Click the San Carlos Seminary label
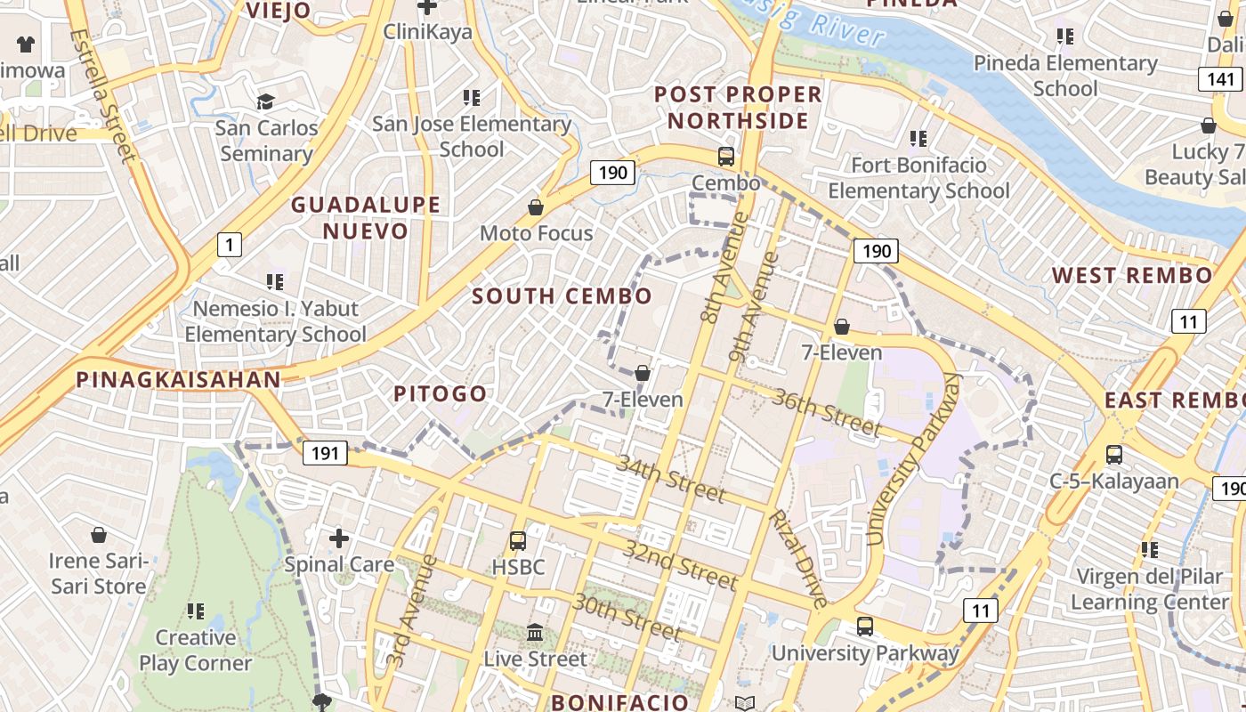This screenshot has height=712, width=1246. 266,141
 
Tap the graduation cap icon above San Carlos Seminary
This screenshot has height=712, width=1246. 265,101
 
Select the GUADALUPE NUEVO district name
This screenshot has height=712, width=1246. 366,218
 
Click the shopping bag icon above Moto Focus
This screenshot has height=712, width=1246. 536,207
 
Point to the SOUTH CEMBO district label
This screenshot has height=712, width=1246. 562,296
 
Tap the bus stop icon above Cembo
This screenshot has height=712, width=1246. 726,157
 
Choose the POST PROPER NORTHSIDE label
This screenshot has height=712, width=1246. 738,107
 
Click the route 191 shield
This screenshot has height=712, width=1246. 325,453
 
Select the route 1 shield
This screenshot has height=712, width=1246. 230,244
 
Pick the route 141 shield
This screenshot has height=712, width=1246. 1221,79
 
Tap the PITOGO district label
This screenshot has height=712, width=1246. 441,393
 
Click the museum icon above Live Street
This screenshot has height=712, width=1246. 535,632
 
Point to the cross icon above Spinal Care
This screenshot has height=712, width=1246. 338,538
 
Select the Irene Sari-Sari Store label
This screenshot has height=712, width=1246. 98,574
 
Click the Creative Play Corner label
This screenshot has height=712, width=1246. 195,651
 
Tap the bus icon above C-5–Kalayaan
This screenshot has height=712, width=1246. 1113,455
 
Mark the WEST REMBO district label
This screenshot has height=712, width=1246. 1132,276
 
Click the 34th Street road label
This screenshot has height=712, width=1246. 671,479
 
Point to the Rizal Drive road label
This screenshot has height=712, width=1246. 798,558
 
